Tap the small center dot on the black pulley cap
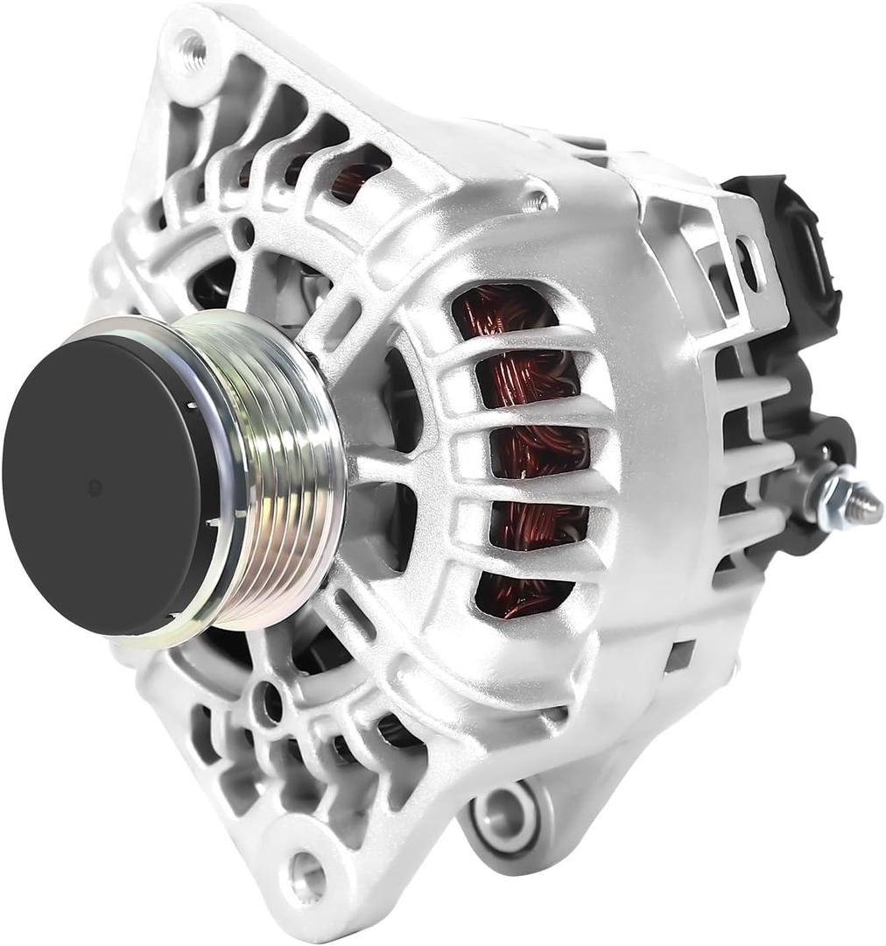(95, 488)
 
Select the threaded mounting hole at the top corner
(191, 50)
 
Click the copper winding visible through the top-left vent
(355, 180)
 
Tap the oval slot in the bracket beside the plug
(747, 263)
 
